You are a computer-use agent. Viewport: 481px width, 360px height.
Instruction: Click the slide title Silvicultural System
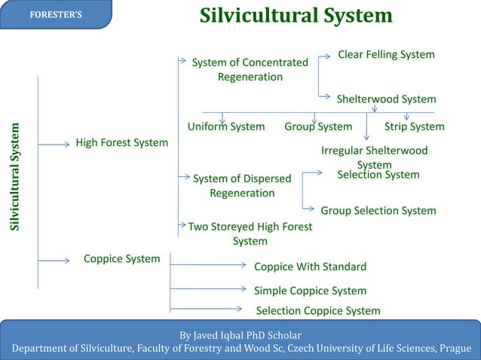point(296,16)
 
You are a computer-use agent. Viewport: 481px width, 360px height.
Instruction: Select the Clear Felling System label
point(386,55)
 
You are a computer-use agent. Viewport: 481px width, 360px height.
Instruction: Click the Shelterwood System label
point(386,99)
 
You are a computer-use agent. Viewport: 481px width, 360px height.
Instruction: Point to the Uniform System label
point(225,127)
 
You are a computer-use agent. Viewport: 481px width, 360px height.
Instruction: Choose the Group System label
point(318,127)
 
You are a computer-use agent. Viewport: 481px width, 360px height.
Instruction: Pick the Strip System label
point(414,127)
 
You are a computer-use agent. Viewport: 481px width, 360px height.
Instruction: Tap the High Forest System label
point(121,142)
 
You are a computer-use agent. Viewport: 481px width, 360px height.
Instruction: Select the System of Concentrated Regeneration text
point(250,69)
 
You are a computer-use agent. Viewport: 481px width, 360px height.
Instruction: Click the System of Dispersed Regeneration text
point(242,186)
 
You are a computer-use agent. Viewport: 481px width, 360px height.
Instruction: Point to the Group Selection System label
point(378,211)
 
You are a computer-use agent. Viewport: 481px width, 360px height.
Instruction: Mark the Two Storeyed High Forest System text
point(250,233)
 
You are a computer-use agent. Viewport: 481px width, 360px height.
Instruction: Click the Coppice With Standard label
point(310,267)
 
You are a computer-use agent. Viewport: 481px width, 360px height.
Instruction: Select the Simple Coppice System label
point(310,291)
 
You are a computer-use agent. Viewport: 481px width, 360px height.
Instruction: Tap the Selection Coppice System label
point(318,311)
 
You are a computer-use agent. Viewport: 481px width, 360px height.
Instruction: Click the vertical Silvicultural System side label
point(15,178)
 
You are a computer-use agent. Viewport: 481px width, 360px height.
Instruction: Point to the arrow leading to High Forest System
point(54,144)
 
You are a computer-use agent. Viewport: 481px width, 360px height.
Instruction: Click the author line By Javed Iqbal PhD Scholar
point(240,334)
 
